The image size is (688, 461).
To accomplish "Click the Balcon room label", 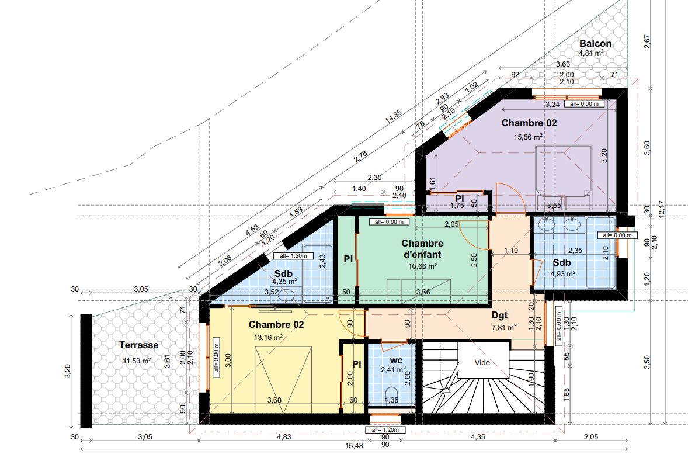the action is tap(595, 43).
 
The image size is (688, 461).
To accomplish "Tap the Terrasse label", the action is tap(138, 345).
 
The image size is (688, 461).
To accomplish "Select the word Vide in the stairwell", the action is tap(482, 363).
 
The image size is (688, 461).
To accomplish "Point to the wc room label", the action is tap(396, 361).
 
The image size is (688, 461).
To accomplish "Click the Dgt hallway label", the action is tap(499, 316).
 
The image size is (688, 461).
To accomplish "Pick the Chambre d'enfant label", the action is tap(422, 248).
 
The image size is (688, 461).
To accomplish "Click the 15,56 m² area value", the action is tap(529, 137).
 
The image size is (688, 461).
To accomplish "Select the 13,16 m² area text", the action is tap(268, 338).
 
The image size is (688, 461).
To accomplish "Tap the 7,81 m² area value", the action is tap(503, 327).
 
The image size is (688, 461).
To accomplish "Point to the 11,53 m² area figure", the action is tap(137, 361).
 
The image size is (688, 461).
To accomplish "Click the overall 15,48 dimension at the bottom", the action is tap(354, 445).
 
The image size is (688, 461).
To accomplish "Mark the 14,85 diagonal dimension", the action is tap(394, 116).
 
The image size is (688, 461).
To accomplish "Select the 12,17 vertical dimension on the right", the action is tap(661, 209).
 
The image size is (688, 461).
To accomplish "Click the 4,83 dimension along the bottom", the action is tap(284, 437).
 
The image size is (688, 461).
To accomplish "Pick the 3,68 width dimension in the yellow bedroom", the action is tap(274, 400).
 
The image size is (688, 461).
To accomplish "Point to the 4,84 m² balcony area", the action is tap(591, 53).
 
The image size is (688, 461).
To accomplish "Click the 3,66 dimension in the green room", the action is tap(423, 292).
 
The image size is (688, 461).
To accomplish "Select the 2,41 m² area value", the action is tap(393, 370).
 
